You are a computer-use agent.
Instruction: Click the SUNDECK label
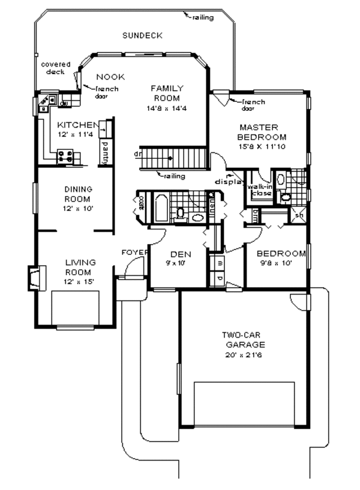(x=142, y=35)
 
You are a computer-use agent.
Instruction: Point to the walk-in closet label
(x=260, y=190)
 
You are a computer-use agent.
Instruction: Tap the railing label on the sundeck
(x=203, y=17)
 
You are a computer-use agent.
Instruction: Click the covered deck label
(x=55, y=68)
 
